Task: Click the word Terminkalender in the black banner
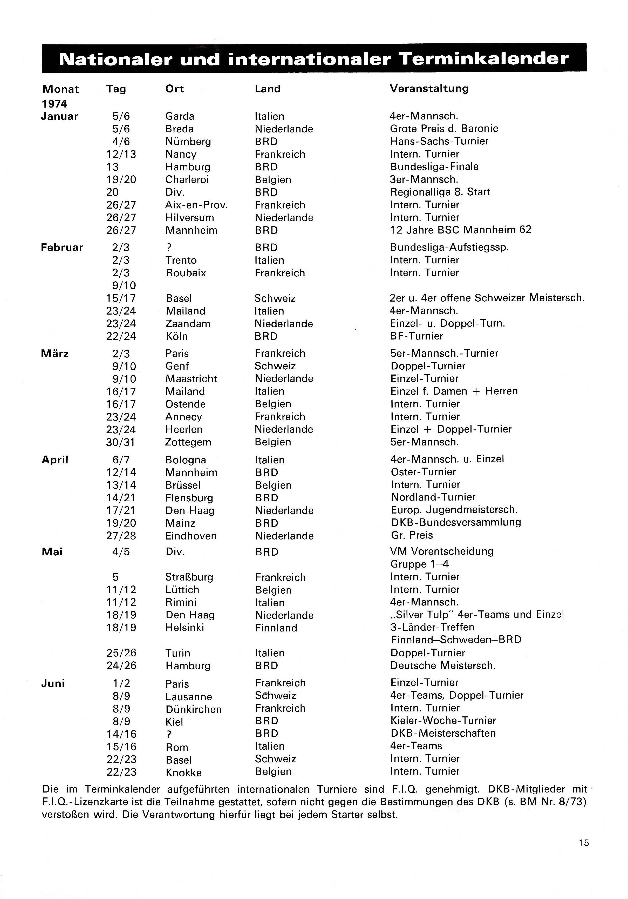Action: (483, 59)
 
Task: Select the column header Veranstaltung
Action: (429, 89)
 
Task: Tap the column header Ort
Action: (174, 89)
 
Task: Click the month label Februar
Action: (62, 248)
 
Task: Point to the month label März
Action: (55, 354)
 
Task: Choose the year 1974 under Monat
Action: (54, 104)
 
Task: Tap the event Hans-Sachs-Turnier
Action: (439, 141)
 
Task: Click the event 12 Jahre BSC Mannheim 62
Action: (461, 230)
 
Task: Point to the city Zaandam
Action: (188, 324)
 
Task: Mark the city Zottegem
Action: (188, 442)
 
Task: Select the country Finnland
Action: (276, 628)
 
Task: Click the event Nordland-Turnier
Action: (433, 497)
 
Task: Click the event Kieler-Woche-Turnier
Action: (443, 721)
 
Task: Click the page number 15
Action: (583, 843)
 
